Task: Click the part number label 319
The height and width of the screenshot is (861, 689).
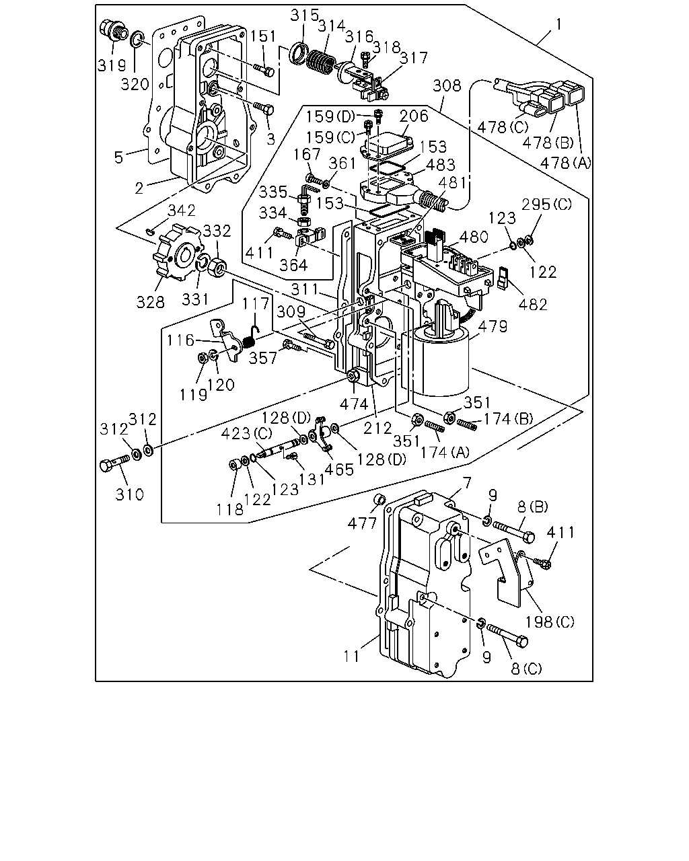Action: tap(112, 65)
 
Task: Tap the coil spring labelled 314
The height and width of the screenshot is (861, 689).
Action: tap(321, 61)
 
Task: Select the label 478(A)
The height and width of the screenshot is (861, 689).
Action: tap(565, 163)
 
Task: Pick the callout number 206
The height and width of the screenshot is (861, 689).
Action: tap(414, 116)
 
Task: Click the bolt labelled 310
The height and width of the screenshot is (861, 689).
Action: tap(115, 463)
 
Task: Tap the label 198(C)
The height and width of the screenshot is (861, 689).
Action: tap(549, 622)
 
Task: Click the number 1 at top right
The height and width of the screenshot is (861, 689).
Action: tap(559, 25)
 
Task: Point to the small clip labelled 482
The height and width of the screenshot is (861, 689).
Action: tap(503, 277)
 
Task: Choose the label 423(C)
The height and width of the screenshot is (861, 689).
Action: tap(246, 433)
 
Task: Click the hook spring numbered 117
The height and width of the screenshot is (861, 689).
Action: tap(251, 336)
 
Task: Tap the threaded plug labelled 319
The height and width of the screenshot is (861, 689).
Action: tap(114, 30)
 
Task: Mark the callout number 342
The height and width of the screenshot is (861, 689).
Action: tap(182, 211)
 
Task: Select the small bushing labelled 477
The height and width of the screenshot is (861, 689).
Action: tap(379, 500)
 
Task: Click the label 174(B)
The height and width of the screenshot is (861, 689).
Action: tap(509, 419)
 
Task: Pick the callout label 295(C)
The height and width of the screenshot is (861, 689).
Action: tap(546, 204)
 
